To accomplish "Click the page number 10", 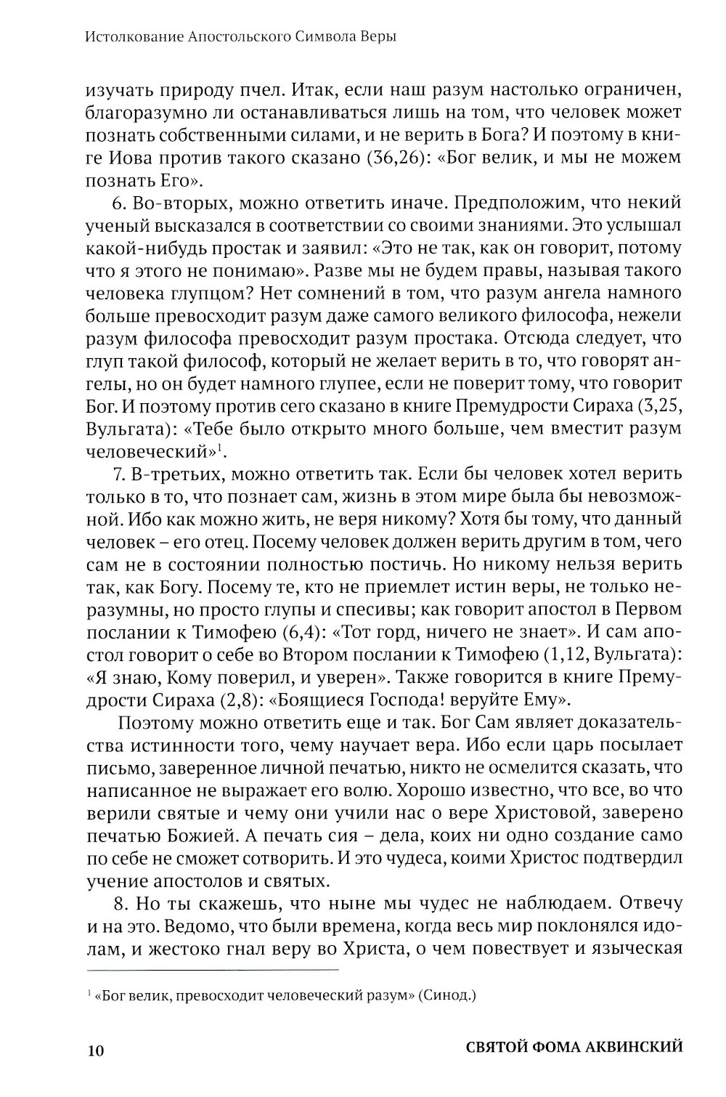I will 95,1048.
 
